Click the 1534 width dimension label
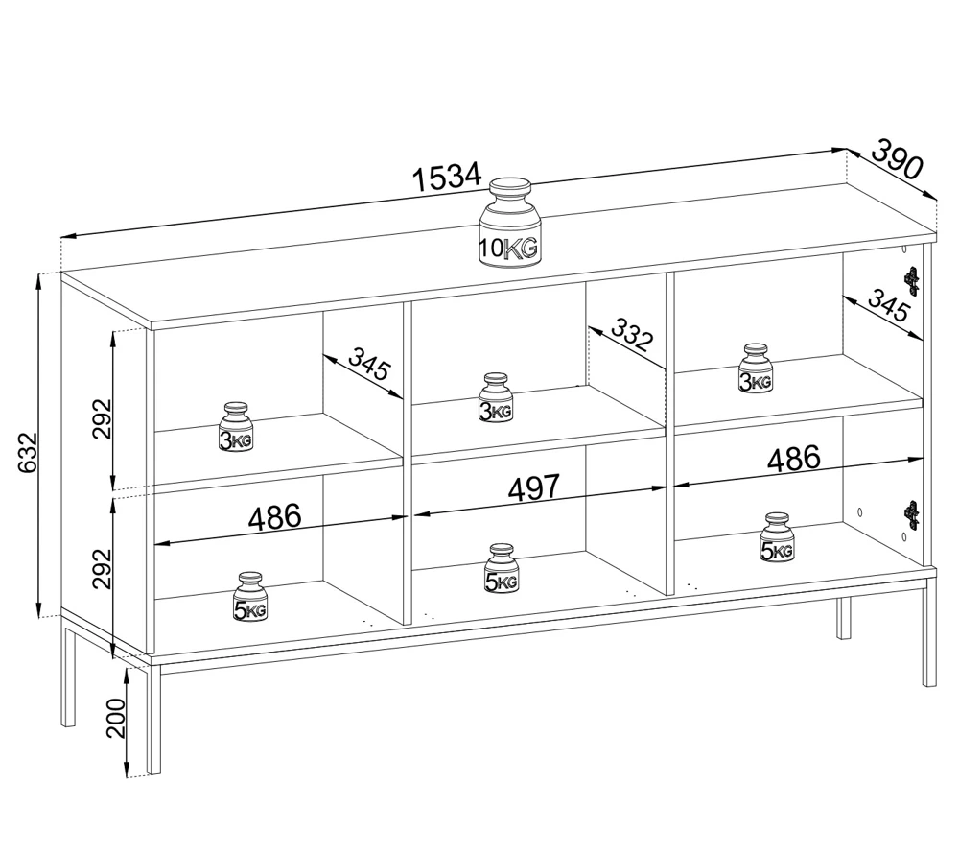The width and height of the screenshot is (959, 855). pyautogui.click(x=447, y=178)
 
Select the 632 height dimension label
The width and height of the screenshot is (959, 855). pyautogui.click(x=28, y=453)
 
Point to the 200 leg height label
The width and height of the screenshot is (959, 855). pyautogui.click(x=116, y=719)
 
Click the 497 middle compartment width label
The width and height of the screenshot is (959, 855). pyautogui.click(x=534, y=487)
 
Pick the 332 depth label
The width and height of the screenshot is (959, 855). pyautogui.click(x=632, y=334)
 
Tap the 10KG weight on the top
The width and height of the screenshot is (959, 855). pyautogui.click(x=509, y=223)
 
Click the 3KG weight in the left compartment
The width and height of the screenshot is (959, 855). pyautogui.click(x=236, y=427)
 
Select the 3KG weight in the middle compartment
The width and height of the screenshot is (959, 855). pyautogui.click(x=496, y=397)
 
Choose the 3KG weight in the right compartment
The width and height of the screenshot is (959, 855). pyautogui.click(x=756, y=368)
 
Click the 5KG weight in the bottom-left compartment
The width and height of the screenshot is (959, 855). pyautogui.click(x=250, y=597)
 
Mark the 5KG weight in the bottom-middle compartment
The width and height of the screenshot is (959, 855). pyautogui.click(x=502, y=568)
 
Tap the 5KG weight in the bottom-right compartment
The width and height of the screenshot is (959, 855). pyautogui.click(x=777, y=537)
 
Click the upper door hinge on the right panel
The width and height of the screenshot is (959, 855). pyautogui.click(x=912, y=281)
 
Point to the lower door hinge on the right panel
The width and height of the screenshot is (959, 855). pyautogui.click(x=912, y=515)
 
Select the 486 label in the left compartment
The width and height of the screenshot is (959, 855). pyautogui.click(x=274, y=517)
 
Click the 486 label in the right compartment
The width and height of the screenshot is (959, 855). pyautogui.click(x=794, y=459)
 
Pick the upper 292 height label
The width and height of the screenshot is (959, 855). pyautogui.click(x=103, y=418)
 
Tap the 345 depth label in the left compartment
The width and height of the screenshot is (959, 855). pyautogui.click(x=369, y=363)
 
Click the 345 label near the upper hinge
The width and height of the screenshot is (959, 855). pyautogui.click(x=888, y=305)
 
